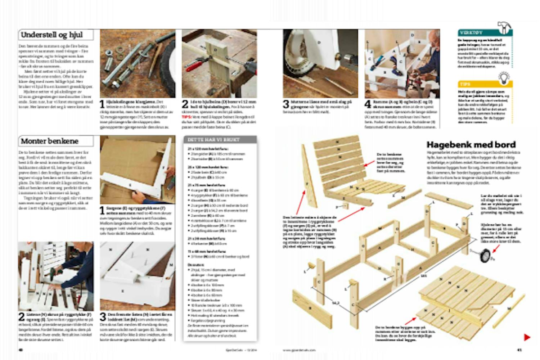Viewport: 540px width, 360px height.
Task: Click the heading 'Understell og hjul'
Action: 52,35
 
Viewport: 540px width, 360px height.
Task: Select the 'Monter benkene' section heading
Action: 50,141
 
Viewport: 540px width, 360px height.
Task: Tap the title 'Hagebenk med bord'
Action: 471,145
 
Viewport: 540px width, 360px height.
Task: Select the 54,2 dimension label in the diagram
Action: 336,303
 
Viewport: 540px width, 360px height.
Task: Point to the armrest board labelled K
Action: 448,201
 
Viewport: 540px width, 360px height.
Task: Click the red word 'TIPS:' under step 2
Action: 187,117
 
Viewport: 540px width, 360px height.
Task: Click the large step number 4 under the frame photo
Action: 368,104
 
